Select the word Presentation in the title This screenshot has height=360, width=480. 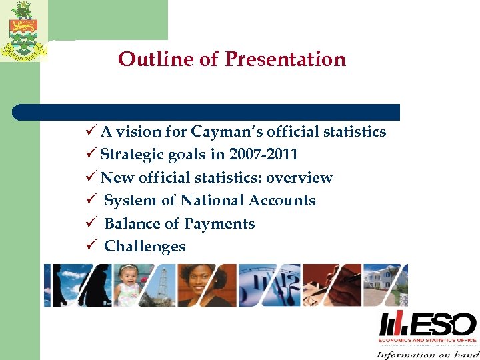pyautogui.click(x=285, y=59)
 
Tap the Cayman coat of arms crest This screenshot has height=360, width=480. pyautogui.click(x=23, y=32)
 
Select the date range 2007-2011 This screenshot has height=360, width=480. pyautogui.click(x=263, y=155)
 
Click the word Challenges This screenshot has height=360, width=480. pyautogui.click(x=145, y=247)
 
